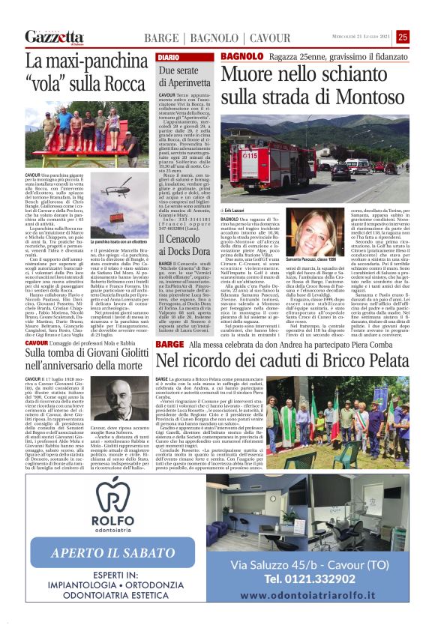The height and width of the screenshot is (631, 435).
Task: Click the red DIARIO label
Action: [168, 58]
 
